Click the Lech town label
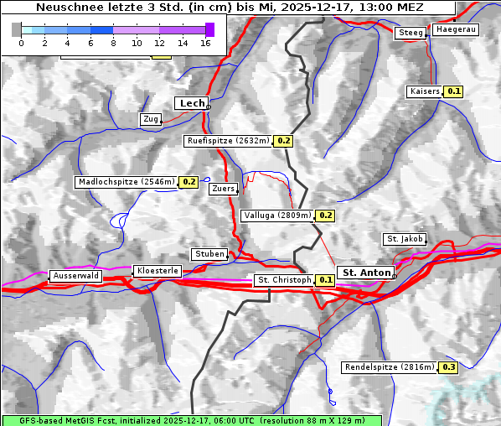(191, 103)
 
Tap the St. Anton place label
(367, 273)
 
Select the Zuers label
(223, 189)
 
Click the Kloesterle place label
(157, 271)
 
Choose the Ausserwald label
(75, 276)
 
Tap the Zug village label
(151, 120)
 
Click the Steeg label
(411, 33)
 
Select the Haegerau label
(456, 29)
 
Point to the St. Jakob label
(405, 239)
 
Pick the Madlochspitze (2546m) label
(126, 181)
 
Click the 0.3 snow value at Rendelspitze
(448, 367)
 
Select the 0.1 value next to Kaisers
(453, 91)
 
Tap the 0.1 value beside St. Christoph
(326, 280)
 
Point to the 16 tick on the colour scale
(204, 43)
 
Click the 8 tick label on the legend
(112, 43)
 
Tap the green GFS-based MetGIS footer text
(191, 420)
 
